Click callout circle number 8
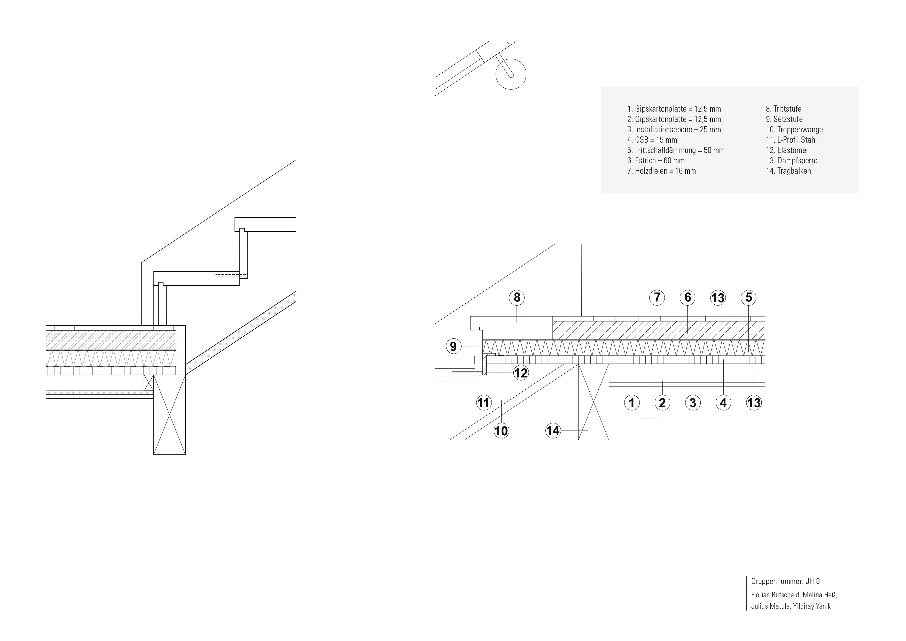(517, 298)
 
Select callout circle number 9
(454, 346)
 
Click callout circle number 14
(553, 430)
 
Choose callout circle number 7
(657, 298)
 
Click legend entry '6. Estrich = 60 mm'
(655, 161)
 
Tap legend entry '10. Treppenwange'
(794, 129)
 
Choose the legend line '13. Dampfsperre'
(792, 161)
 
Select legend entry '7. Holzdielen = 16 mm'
(661, 171)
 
